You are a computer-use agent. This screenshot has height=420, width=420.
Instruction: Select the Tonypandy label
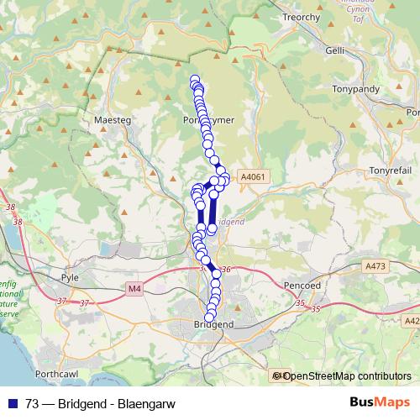coord(357,89)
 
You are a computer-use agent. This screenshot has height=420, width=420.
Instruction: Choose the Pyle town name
coord(70,276)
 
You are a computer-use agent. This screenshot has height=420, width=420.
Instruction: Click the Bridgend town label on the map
coord(213,324)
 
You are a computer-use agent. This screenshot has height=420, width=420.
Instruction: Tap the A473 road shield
coord(376,266)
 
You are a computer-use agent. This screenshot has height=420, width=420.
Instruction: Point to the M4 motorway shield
coord(135,288)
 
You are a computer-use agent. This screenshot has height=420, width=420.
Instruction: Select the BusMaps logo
coord(380,402)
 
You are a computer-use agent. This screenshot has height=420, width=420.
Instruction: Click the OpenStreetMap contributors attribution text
coord(346,376)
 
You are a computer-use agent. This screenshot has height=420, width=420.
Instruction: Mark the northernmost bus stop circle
coord(195,80)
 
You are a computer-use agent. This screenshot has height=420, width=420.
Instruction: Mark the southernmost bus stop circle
coord(210,316)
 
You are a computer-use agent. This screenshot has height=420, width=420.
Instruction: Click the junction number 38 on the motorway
coord(10,207)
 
